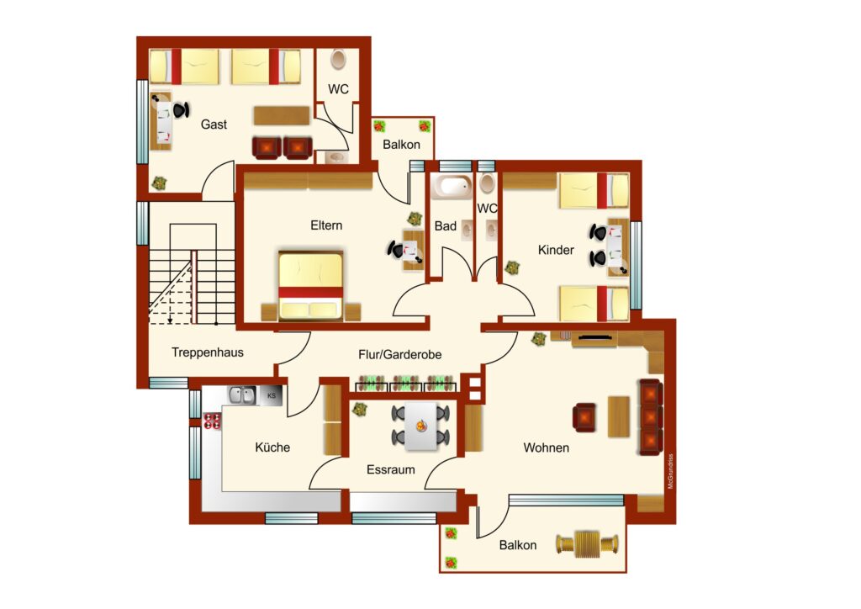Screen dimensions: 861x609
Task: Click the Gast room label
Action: click(214, 124)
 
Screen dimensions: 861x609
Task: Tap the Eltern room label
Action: click(326, 225)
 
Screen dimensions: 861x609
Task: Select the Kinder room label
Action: click(556, 250)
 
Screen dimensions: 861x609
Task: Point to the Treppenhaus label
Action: click(208, 352)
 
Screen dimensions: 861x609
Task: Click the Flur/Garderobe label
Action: click(399, 355)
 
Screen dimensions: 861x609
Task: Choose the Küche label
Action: click(272, 447)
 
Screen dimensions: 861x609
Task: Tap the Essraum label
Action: click(390, 469)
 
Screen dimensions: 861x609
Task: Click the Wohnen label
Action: click(546, 447)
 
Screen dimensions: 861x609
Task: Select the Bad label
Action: click(446, 225)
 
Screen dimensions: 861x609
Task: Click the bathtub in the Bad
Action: click(452, 186)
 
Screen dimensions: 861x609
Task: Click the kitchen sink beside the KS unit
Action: click(242, 395)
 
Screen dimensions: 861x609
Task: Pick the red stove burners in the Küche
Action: click(212, 421)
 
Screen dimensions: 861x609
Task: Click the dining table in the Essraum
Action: click(421, 426)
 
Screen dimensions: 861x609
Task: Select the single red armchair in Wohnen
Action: click(584, 418)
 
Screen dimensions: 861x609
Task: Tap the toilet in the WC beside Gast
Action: click(338, 60)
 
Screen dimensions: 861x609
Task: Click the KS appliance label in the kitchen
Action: click(272, 395)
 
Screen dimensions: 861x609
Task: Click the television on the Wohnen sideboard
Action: click(594, 336)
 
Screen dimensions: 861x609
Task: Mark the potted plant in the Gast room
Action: click(159, 183)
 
